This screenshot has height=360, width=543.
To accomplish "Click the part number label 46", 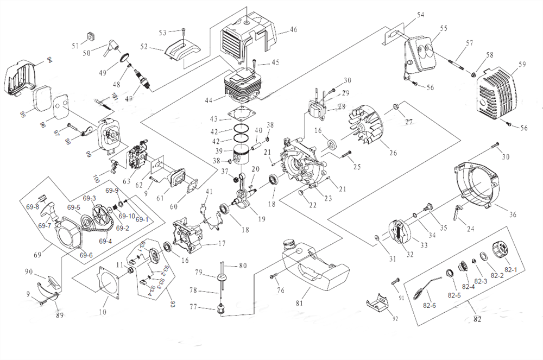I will [x=293, y=29].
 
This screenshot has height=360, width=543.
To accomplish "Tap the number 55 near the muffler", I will [x=444, y=28].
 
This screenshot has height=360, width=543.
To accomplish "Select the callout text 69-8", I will [x=33, y=207].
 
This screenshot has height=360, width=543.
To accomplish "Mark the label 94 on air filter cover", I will [x=49, y=59].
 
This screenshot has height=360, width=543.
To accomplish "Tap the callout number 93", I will [x=173, y=302].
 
